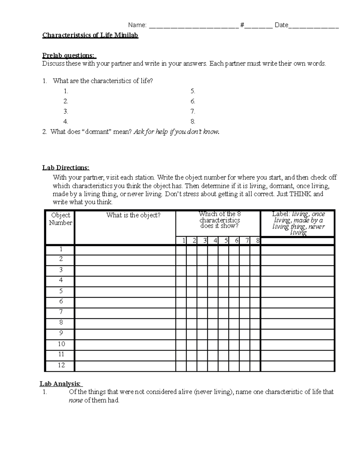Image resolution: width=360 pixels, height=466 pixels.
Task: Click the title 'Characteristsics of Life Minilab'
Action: click(90, 35)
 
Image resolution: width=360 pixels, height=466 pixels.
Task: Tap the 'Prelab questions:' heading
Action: click(69, 56)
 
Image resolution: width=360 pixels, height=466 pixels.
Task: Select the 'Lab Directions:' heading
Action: click(66, 168)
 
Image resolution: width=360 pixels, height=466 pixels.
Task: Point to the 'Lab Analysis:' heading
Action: click(61, 384)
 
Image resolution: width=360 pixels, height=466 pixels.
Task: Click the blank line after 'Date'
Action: click(313, 26)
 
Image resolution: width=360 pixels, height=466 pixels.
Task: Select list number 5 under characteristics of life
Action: click(193, 91)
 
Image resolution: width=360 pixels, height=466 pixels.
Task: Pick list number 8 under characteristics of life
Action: click(193, 122)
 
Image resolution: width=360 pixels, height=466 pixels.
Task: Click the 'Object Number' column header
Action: click(60, 219)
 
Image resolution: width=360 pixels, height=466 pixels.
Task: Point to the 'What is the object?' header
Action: click(133, 215)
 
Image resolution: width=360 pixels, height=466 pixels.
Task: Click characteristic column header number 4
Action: click(215, 240)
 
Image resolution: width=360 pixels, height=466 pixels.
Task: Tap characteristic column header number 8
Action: click(257, 240)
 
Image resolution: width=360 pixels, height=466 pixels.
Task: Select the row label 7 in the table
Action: click(61, 312)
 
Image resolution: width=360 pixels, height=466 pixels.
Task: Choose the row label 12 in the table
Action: click(61, 365)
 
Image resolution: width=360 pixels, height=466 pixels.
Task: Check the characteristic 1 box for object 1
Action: click(181, 250)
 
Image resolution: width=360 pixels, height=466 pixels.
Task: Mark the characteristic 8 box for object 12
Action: click(255, 366)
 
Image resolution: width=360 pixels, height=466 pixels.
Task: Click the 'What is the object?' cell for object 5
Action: click(125, 292)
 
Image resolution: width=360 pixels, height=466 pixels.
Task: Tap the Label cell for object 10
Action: click(297, 344)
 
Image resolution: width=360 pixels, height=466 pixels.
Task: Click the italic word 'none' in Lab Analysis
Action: click(76, 400)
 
